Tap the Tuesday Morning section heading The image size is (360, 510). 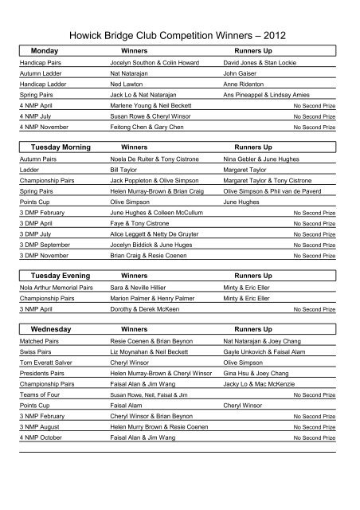point(60,147)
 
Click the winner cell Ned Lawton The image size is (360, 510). point(127,83)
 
